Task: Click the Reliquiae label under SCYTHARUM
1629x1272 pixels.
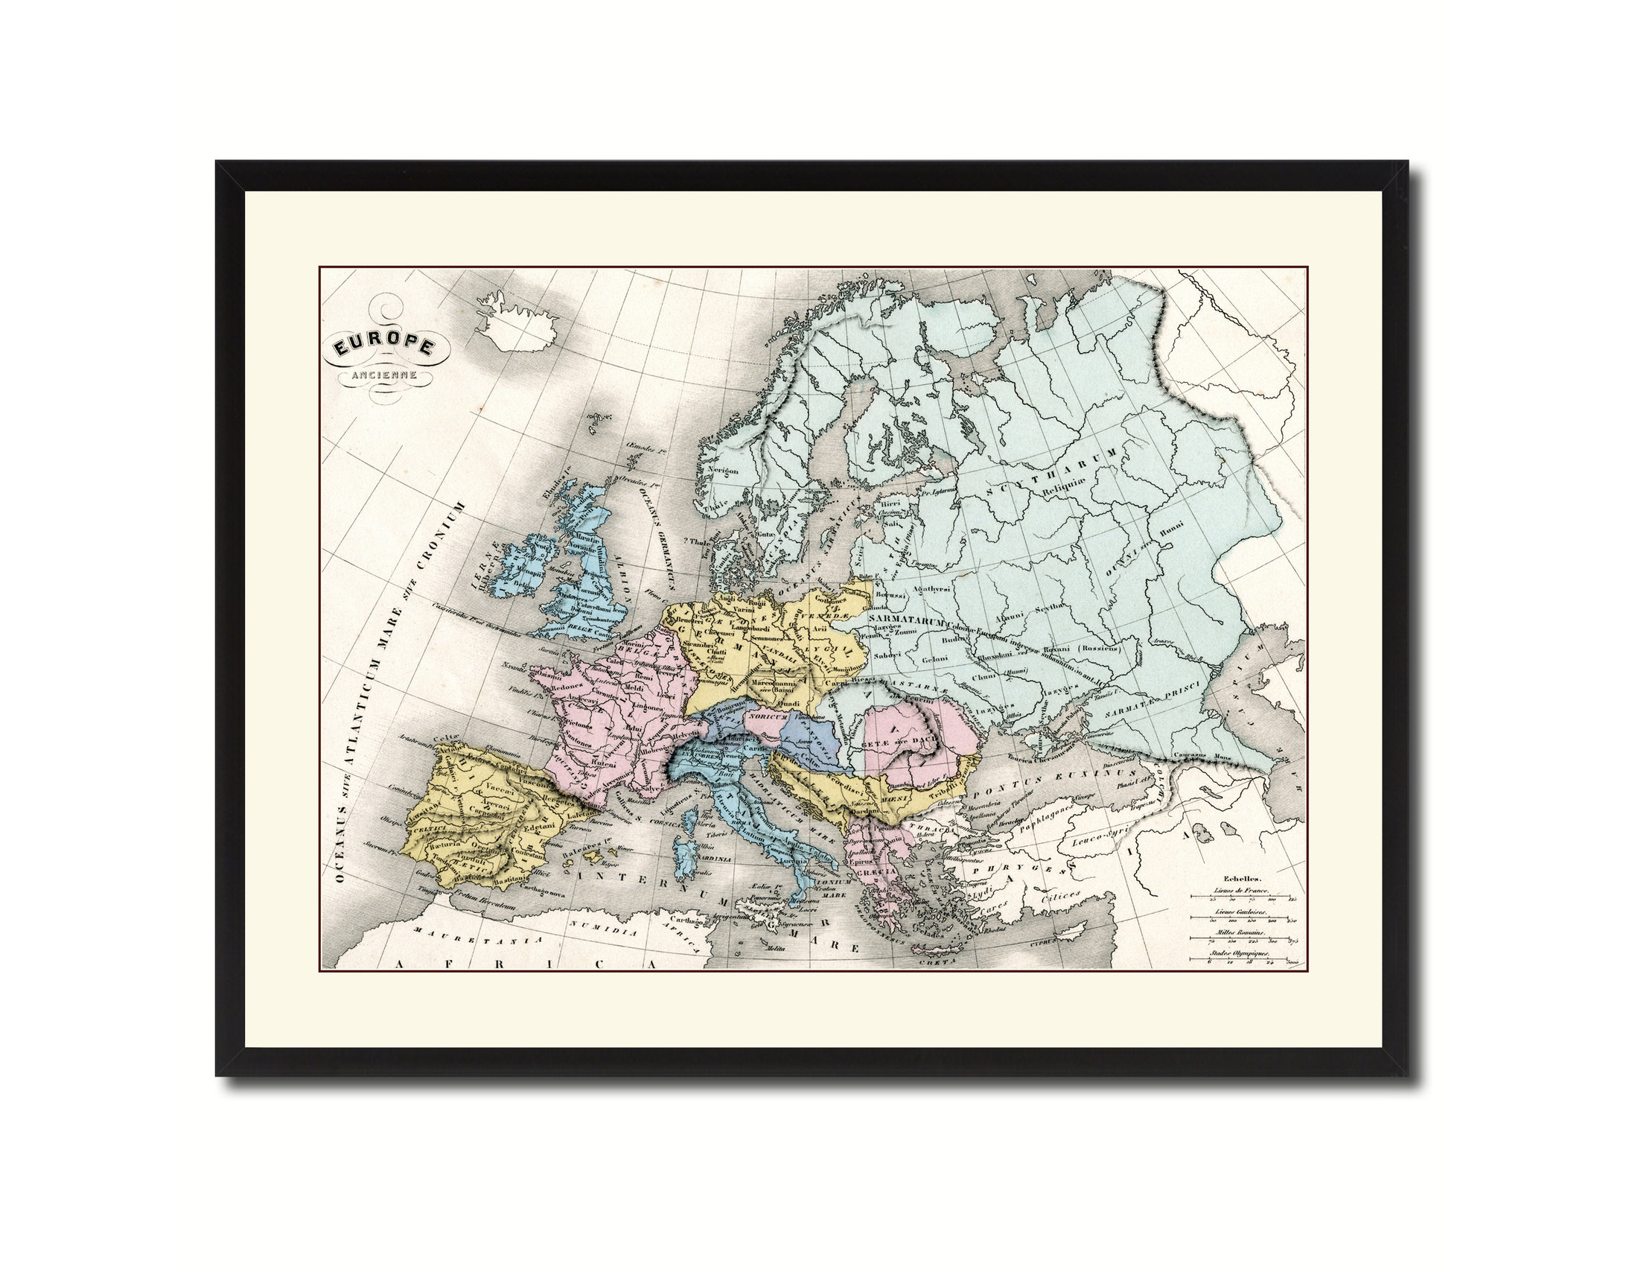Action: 1067,491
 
